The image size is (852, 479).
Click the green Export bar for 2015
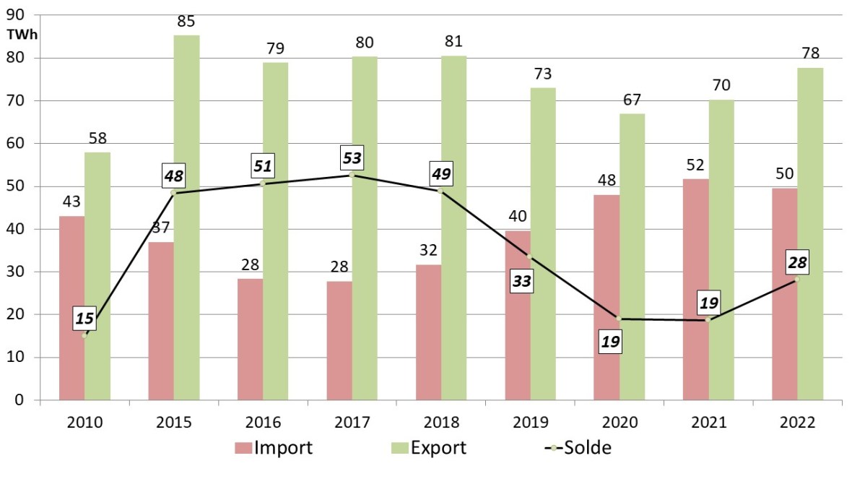click(186, 217)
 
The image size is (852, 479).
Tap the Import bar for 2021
click(695, 289)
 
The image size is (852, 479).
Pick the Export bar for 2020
click(632, 256)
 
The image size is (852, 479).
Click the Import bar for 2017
click(339, 340)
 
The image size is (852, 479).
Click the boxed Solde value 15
click(84, 318)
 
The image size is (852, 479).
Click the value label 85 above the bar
click(186, 22)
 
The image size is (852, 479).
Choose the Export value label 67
click(632, 100)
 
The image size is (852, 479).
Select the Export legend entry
click(430, 448)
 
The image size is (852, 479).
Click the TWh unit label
click(22, 34)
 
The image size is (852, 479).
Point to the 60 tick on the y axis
click(15, 144)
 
